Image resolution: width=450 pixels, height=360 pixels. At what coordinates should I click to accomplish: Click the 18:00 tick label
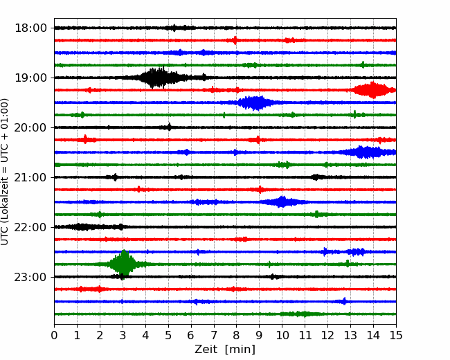(x=30, y=28)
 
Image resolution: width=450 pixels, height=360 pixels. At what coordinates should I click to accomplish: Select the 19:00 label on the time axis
(x=30, y=78)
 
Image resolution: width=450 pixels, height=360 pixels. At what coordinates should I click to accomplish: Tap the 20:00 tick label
(x=30, y=127)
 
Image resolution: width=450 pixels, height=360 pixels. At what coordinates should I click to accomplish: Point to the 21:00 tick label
(x=30, y=177)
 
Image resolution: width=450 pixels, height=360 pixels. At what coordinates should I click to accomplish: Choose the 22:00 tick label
(x=30, y=227)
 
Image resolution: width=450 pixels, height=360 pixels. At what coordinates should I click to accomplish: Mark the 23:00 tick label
(x=30, y=277)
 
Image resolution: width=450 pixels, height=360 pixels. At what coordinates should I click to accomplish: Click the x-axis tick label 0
(x=54, y=335)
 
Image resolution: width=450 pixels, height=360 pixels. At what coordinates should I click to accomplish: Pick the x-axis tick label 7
(x=214, y=335)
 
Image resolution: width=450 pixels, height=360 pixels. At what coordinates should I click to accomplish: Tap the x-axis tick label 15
(x=396, y=335)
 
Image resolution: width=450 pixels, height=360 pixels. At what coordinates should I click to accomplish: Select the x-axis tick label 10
(x=282, y=335)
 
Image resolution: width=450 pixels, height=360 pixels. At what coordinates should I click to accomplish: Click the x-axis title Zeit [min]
(x=225, y=350)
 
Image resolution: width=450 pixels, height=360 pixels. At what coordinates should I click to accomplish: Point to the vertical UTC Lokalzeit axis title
(x=4, y=172)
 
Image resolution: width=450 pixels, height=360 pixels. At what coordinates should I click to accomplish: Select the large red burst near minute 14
(x=373, y=90)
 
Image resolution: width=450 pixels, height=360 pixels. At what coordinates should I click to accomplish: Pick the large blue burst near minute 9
(x=255, y=102)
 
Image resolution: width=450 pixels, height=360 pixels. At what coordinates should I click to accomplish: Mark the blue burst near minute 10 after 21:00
(x=282, y=202)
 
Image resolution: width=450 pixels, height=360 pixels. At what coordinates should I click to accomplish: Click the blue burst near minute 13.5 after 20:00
(x=366, y=152)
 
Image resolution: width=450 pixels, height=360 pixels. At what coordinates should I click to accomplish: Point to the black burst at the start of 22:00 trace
(x=82, y=227)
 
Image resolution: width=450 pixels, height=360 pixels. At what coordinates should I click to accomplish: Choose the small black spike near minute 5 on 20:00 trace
(x=170, y=127)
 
